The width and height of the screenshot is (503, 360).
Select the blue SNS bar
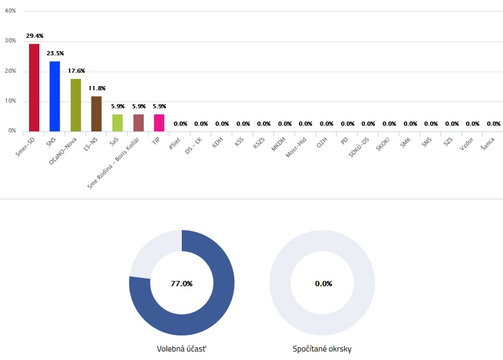point(55,96)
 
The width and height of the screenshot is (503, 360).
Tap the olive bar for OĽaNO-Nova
point(76,105)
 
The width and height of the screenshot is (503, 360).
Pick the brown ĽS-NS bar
point(96,114)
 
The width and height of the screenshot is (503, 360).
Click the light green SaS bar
point(117,123)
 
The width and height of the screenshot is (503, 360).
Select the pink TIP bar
point(159,123)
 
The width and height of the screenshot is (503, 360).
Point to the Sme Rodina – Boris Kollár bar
point(139,123)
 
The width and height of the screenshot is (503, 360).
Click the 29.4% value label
point(35,36)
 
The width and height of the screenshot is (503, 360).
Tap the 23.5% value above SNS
point(56,53)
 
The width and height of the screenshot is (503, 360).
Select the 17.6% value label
point(76,71)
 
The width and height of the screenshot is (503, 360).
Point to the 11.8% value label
point(97,88)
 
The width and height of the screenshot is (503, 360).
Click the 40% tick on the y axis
point(10,11)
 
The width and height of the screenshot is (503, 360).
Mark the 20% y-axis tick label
point(10,71)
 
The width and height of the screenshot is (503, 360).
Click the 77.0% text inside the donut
point(182,284)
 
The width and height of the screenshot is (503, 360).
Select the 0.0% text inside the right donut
point(323,284)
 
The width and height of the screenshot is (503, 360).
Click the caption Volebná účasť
point(181,349)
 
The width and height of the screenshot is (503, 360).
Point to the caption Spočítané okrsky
point(322,349)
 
